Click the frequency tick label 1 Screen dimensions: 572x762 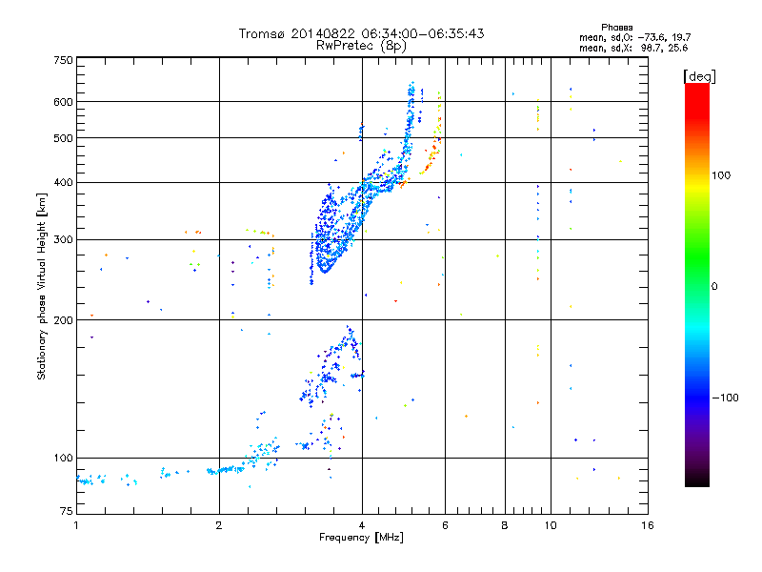[x=76, y=525]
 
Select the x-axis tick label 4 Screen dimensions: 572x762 [x=362, y=525]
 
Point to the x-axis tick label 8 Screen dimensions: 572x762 [x=505, y=525]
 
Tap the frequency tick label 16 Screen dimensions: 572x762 [x=647, y=525]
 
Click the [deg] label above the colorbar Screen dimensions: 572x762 [x=700, y=75]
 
